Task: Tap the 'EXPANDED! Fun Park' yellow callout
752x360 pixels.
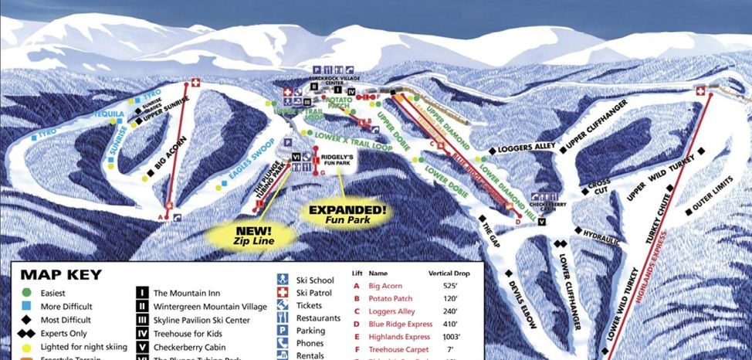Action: pyautogui.click(x=347, y=214)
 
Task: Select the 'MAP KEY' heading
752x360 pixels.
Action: pyautogui.click(x=61, y=274)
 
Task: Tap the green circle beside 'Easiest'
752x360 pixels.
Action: pyautogui.click(x=27, y=293)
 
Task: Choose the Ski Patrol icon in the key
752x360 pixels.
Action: pyautogui.click(x=282, y=293)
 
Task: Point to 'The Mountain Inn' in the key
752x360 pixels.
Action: pyautogui.click(x=187, y=293)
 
